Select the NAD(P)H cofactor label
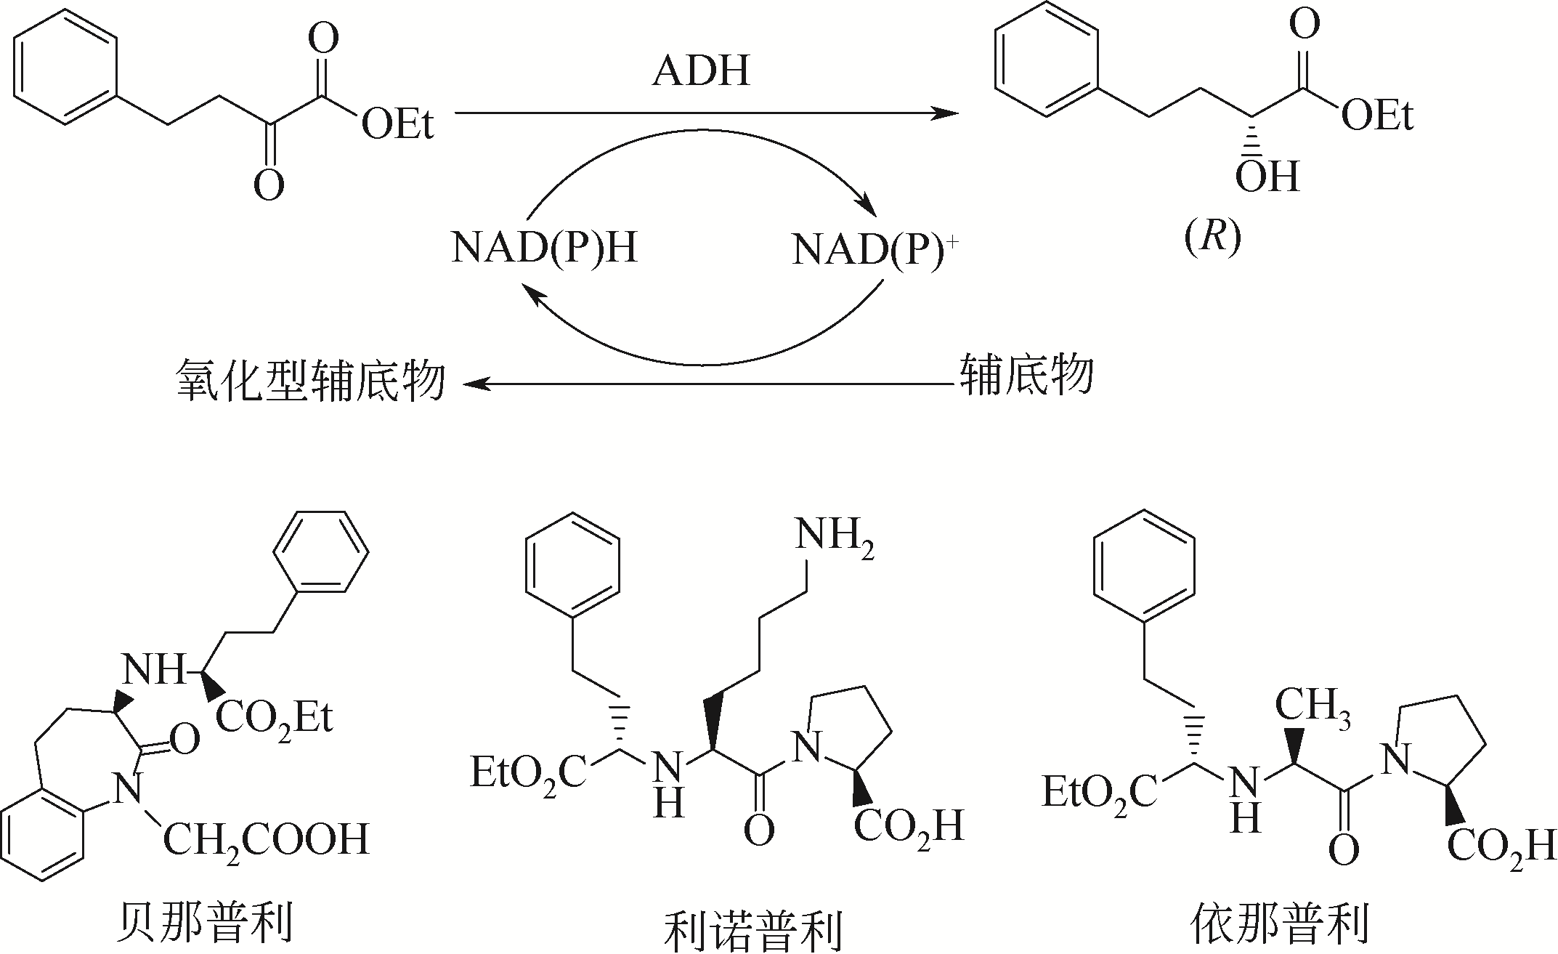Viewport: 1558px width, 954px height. [x=544, y=248]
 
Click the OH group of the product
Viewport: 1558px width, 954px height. [x=1267, y=176]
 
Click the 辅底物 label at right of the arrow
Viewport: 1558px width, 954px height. [x=1026, y=376]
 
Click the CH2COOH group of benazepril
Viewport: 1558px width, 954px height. [x=266, y=839]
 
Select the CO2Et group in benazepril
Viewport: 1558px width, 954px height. [x=274, y=719]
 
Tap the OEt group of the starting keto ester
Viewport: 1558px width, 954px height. [x=397, y=124]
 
